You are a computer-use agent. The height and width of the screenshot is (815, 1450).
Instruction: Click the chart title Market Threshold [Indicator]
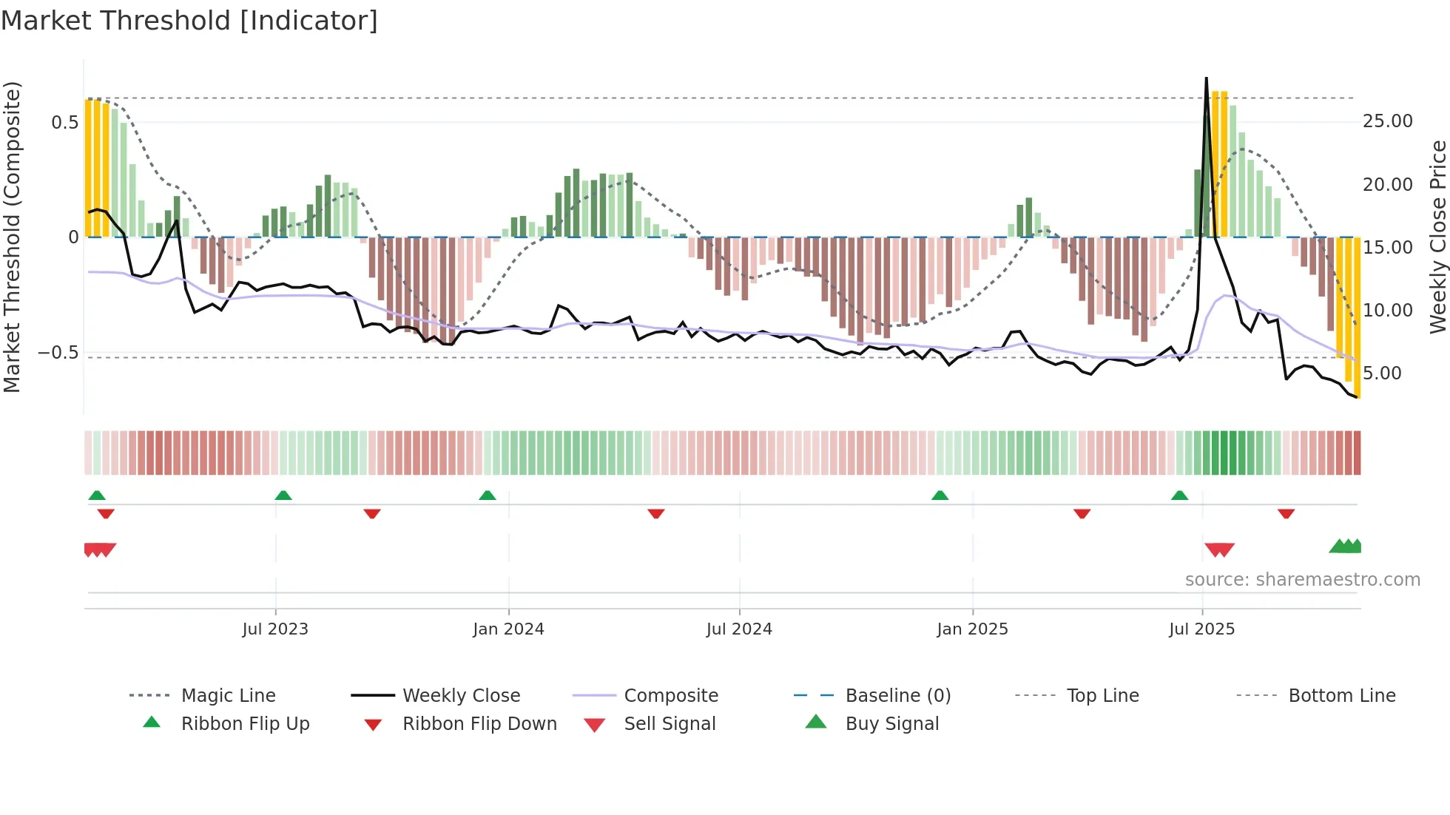(189, 21)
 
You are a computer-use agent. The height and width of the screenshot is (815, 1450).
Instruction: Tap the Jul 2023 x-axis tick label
(275, 629)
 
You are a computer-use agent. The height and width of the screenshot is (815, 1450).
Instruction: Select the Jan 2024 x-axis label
(508, 629)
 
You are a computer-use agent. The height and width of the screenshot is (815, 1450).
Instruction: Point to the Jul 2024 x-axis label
(739, 629)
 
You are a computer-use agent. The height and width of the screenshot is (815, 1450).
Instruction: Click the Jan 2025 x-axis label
(972, 629)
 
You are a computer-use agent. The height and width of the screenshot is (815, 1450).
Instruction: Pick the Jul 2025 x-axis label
(1201, 629)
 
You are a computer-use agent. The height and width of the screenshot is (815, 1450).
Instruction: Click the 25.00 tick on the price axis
(1387, 121)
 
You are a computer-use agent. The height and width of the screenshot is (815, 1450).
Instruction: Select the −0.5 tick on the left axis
(58, 353)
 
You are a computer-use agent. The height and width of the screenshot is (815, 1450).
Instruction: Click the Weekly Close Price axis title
(1437, 237)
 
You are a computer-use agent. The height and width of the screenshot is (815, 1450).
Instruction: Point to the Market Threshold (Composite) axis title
(12, 237)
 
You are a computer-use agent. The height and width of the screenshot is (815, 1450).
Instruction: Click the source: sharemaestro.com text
(1302, 580)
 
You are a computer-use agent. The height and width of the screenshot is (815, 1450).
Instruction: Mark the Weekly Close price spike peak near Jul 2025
(1207, 78)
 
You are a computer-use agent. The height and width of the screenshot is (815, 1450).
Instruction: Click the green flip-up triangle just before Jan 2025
(940, 496)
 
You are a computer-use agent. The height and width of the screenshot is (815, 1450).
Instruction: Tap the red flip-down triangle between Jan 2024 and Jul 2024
(655, 513)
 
